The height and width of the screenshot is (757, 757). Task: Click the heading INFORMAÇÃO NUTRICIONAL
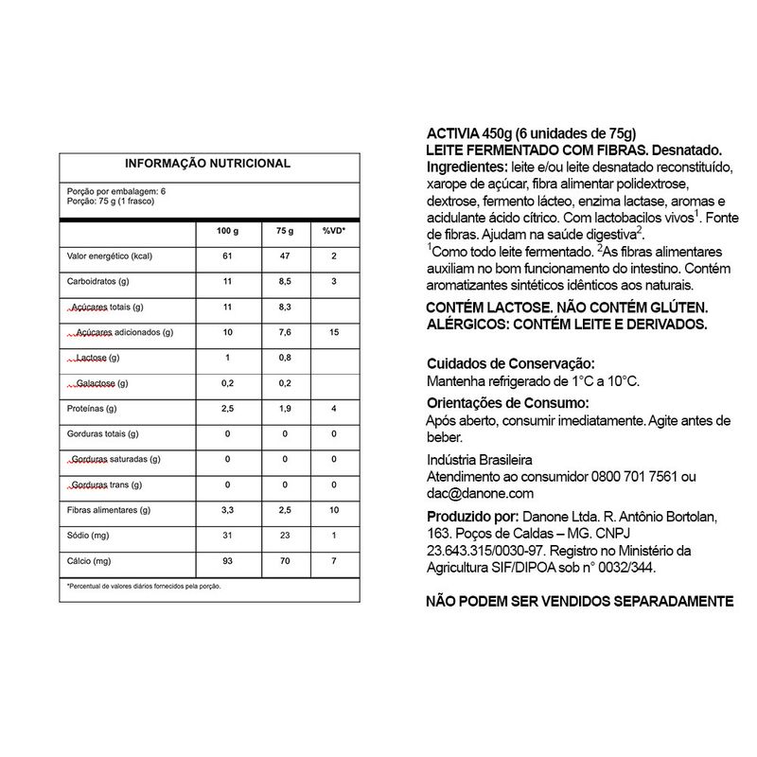[x=208, y=164]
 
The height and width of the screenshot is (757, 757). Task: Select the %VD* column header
[x=335, y=232]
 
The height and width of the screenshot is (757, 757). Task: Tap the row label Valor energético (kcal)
[x=110, y=257]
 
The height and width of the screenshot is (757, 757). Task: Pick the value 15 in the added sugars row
[x=335, y=333]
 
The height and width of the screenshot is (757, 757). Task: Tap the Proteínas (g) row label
[x=92, y=409]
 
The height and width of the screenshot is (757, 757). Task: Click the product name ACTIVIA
[x=453, y=132]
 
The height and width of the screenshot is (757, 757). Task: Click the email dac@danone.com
[x=482, y=493]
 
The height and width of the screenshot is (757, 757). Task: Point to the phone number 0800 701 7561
[x=634, y=476]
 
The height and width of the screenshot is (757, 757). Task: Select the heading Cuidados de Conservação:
[x=511, y=363]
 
